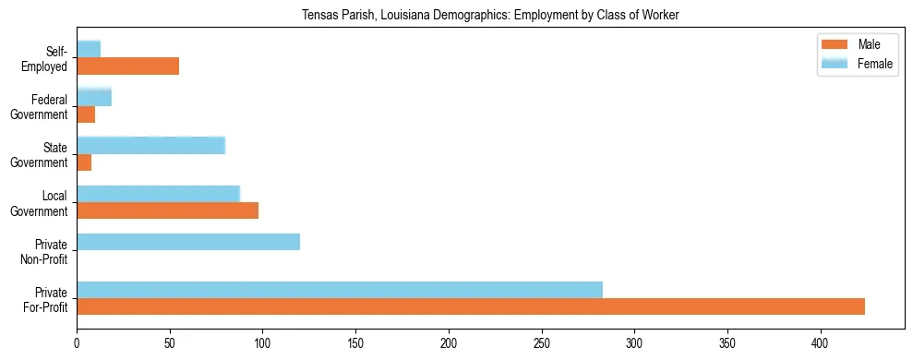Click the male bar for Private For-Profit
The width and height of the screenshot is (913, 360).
(471, 307)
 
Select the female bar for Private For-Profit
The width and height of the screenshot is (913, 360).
(340, 290)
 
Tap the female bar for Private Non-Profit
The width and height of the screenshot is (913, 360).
(188, 242)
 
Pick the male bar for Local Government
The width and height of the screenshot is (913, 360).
(167, 210)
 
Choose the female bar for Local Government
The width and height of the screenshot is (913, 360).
(158, 194)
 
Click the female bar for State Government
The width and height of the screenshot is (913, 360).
(150, 146)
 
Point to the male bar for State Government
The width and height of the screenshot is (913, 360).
(84, 162)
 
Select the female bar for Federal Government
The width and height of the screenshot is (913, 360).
(94, 97)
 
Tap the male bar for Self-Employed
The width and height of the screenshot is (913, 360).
(127, 66)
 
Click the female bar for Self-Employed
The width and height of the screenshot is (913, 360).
(89, 49)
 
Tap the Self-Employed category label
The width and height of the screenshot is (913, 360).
(47, 58)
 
